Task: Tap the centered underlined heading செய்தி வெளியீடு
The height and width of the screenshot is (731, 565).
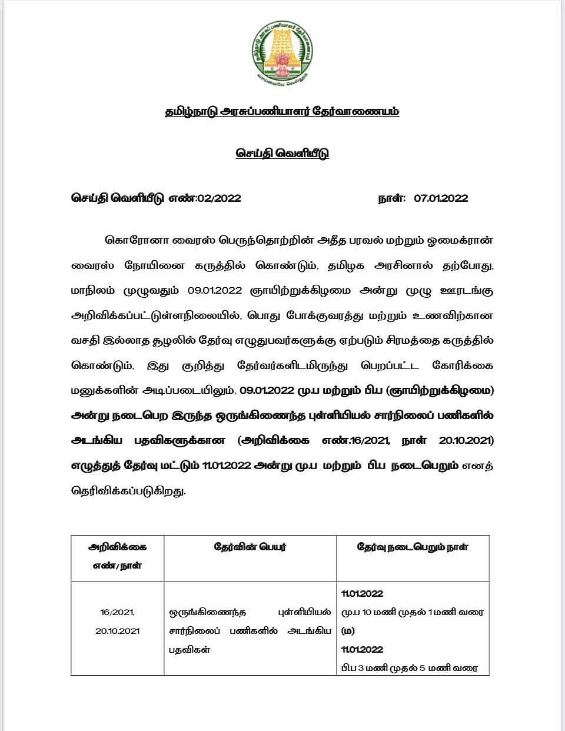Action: coord(282,153)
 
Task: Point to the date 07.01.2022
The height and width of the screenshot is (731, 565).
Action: coord(441,198)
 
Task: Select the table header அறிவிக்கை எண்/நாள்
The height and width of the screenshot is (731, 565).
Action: coord(117,556)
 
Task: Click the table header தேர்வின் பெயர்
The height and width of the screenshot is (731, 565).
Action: coord(250,547)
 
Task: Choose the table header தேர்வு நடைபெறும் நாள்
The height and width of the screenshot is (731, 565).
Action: coord(413,547)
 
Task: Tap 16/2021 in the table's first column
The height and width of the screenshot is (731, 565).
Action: coord(117,612)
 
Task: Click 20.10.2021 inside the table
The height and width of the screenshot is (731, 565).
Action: coord(117,630)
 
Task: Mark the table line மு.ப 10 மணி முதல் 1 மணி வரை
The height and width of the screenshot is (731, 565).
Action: coord(412,612)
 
